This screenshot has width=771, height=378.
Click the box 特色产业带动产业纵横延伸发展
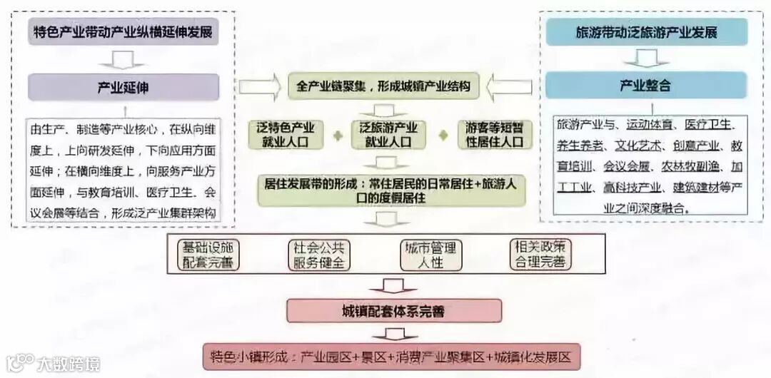pos(123,32)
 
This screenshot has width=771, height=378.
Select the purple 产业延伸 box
pos(123,87)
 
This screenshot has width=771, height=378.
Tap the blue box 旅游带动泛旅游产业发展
pos(646,32)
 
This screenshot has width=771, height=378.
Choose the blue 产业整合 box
pos(646,86)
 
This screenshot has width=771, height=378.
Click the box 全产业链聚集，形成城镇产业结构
pos(383,87)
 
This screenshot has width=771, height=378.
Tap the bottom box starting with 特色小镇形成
pos(390,356)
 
